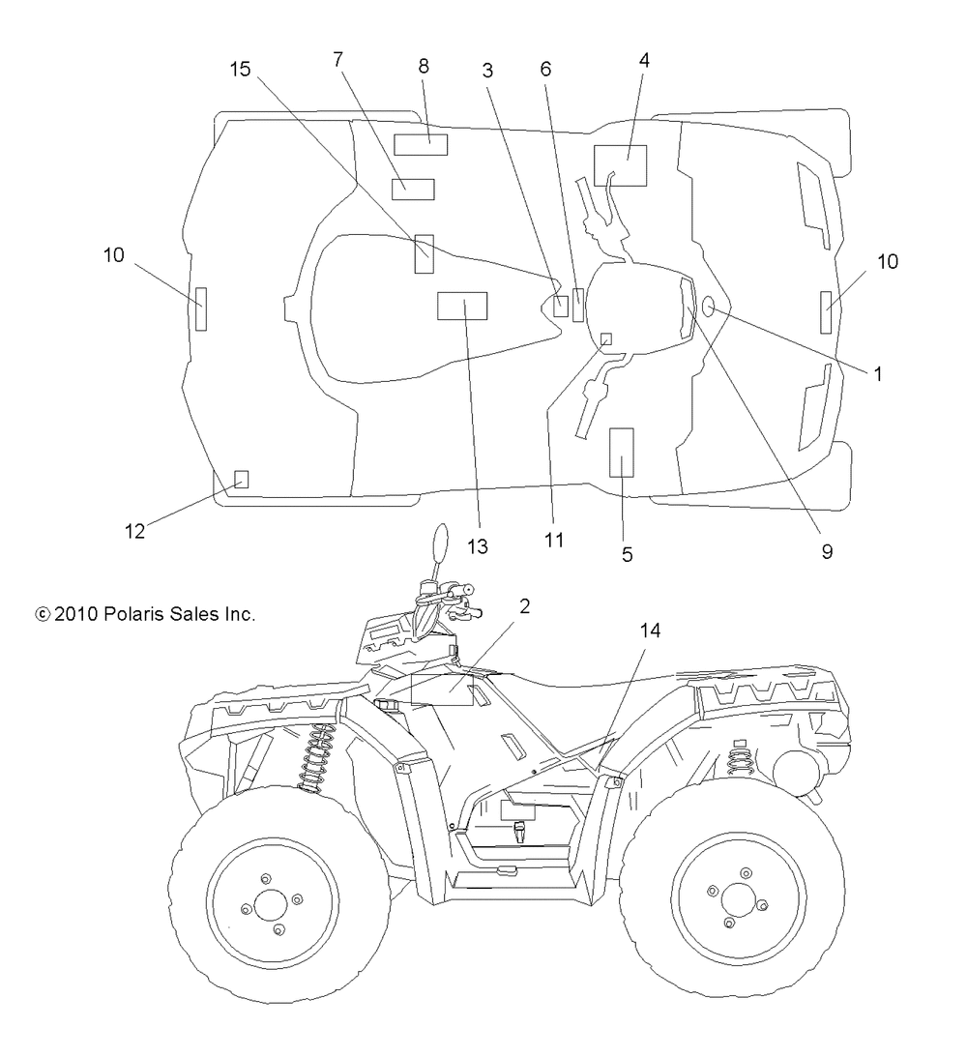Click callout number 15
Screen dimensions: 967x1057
click(x=240, y=70)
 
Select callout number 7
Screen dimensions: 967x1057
click(x=338, y=60)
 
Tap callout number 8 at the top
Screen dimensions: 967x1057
click(x=424, y=66)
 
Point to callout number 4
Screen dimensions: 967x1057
click(x=644, y=61)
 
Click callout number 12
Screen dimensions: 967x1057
click(x=134, y=531)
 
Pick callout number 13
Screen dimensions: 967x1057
click(x=477, y=546)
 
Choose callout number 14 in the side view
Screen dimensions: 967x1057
click(x=650, y=631)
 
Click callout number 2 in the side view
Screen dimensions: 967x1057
click(x=524, y=606)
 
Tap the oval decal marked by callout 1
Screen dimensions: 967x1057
click(x=709, y=308)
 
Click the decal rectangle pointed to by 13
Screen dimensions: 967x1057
click(x=462, y=306)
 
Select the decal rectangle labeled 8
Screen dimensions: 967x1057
click(x=421, y=144)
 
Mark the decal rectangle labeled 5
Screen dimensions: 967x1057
click(x=622, y=453)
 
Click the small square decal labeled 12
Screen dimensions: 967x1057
click(x=241, y=479)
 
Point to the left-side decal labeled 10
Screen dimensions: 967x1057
click(x=201, y=308)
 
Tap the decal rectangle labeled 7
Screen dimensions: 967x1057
click(x=413, y=190)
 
